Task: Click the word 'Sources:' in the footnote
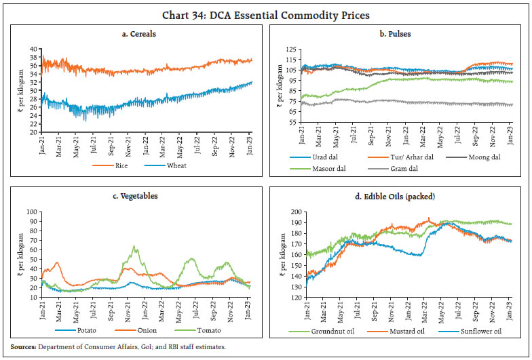pyautogui.click(x=21, y=346)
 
